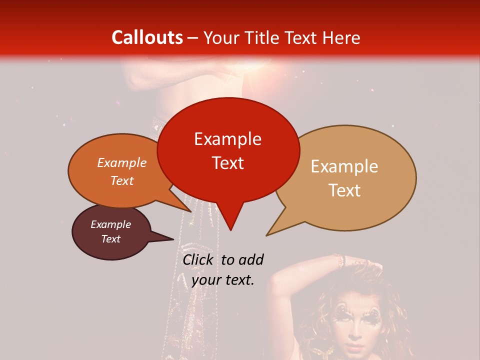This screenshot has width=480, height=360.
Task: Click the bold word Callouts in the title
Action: (147, 37)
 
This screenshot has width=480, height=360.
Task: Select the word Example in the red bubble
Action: (227, 139)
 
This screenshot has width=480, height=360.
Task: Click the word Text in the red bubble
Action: (227, 163)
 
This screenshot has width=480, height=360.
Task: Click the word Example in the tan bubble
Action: (344, 166)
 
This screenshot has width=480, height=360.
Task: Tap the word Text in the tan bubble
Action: (345, 190)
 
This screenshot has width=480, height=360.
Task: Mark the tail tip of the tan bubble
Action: (267, 234)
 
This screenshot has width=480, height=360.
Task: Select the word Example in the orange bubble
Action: (122, 162)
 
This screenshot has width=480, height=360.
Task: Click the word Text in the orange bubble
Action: (122, 180)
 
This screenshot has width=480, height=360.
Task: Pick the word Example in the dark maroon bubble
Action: (111, 224)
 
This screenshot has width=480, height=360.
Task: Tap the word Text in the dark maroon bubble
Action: (111, 239)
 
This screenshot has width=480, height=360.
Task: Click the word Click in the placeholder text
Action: (198, 259)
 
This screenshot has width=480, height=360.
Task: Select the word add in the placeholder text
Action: (250, 259)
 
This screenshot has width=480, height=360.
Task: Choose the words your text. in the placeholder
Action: (223, 280)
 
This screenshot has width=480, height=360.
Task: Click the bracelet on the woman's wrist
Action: (340, 260)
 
